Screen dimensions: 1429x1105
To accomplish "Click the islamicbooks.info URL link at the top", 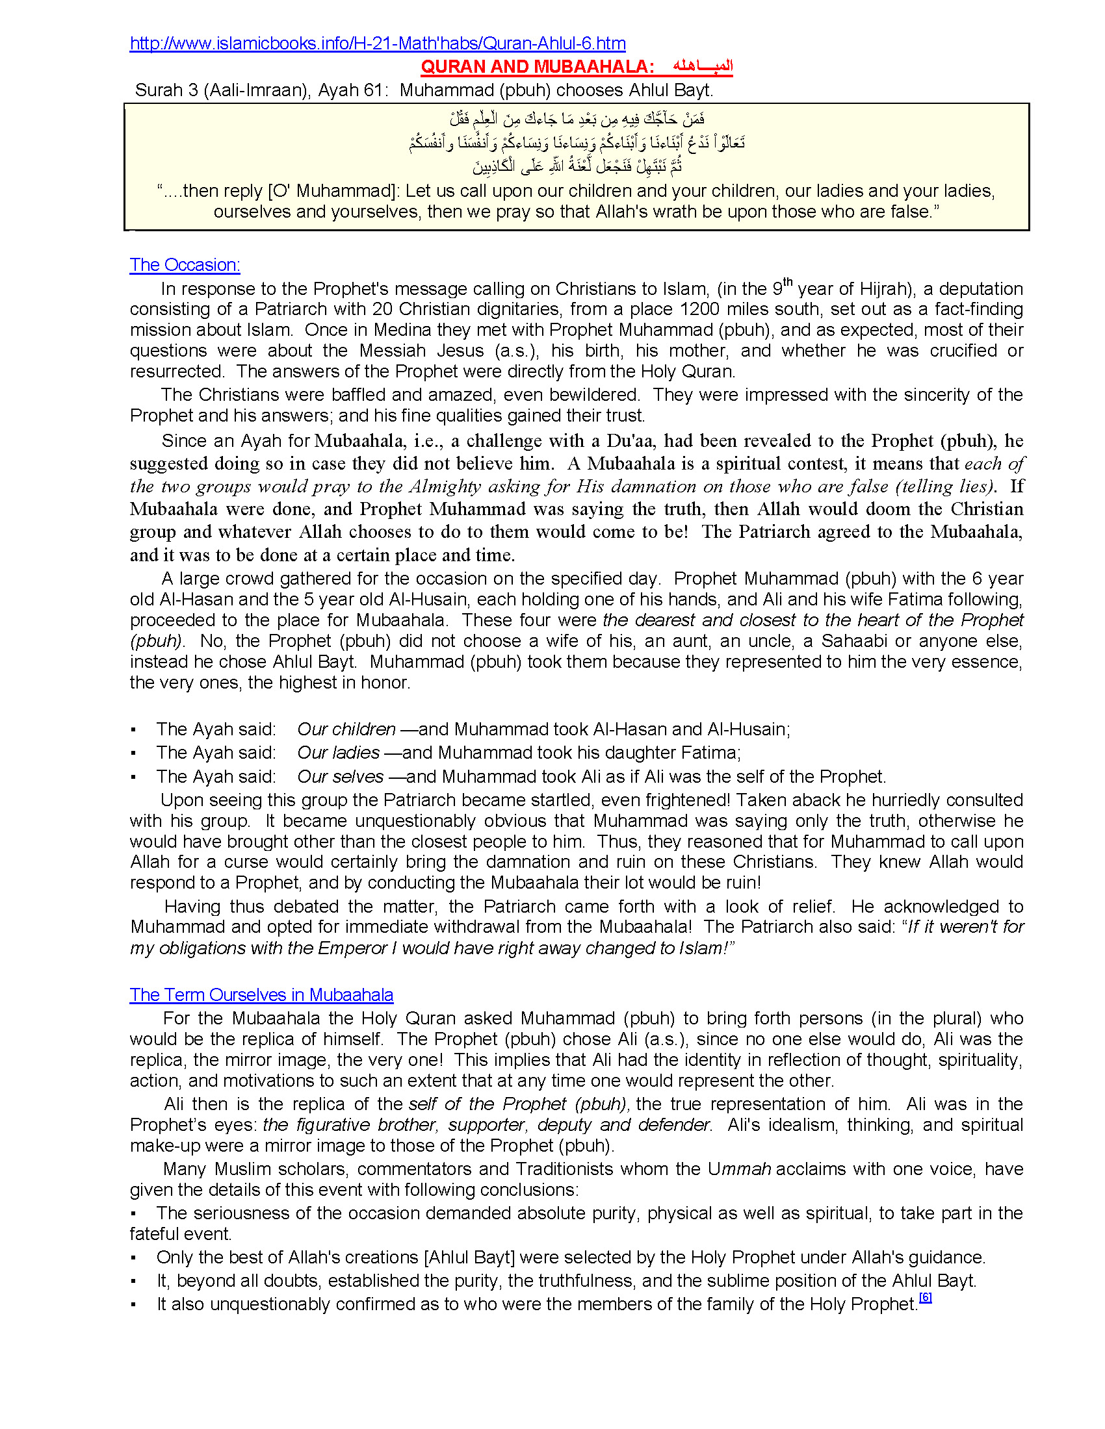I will (377, 44).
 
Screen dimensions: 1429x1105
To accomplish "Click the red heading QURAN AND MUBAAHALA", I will (537, 67).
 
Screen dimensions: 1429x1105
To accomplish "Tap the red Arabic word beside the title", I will (703, 66).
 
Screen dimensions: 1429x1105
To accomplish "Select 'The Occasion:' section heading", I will (185, 265).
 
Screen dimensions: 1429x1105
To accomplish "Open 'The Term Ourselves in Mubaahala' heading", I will (261, 995).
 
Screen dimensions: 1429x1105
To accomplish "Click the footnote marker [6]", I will (925, 1298).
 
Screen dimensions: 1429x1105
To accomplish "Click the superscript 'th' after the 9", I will (788, 282).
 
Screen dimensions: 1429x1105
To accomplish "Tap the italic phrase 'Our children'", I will (346, 729).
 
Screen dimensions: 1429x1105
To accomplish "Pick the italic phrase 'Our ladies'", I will (339, 753).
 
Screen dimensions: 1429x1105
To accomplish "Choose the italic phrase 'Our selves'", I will (341, 777).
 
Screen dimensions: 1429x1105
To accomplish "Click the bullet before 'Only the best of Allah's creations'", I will (133, 1258).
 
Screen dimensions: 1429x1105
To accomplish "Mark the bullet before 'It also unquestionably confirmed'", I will (133, 1306).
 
